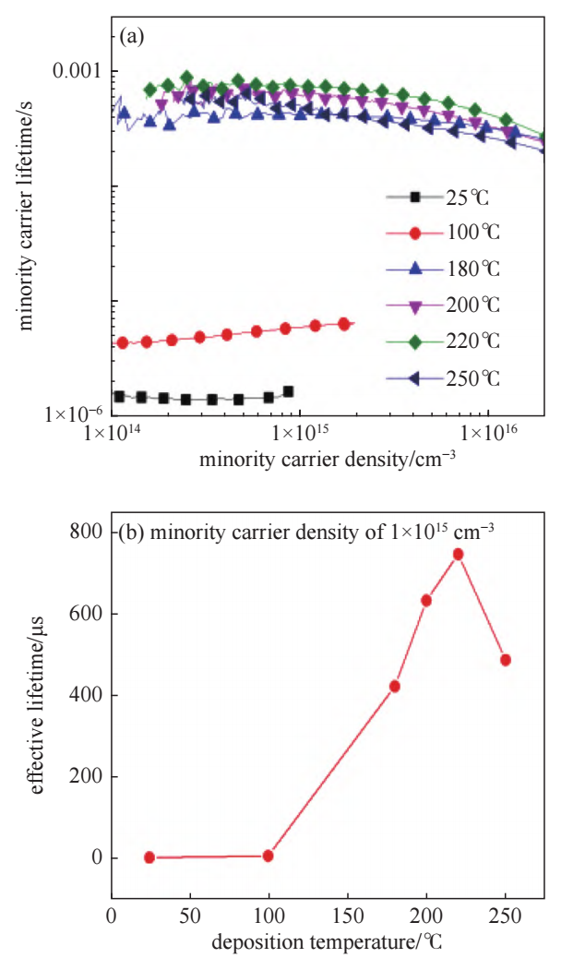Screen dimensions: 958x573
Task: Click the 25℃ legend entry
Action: pyautogui.click(x=441, y=197)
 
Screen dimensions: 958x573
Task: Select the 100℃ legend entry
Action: pyautogui.click(x=441, y=233)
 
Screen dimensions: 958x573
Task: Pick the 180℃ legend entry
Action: pyautogui.click(x=441, y=269)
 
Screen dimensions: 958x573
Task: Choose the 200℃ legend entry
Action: pyautogui.click(x=441, y=305)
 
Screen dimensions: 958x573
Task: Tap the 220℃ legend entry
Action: pyautogui.click(x=441, y=341)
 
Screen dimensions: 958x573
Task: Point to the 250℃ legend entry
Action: pyautogui.click(x=441, y=377)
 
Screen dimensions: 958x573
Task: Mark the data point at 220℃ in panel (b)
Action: pyautogui.click(x=458, y=555)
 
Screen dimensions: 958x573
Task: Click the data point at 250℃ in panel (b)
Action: pyautogui.click(x=506, y=660)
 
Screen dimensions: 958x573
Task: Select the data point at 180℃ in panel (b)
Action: pyautogui.click(x=395, y=687)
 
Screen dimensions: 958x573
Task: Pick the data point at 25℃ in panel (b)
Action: pyautogui.click(x=149, y=857)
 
